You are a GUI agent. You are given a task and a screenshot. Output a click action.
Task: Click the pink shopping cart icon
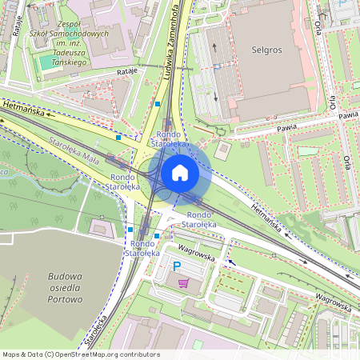coord(184,282)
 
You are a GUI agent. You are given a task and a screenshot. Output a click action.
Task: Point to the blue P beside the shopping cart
coord(178,267)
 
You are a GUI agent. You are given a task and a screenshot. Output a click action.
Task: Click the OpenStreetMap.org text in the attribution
coord(90,354)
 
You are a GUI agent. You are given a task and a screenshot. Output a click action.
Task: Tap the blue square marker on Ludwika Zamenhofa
coord(158,104)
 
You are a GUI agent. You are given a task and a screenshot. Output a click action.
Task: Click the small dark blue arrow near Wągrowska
coord(232,262)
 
